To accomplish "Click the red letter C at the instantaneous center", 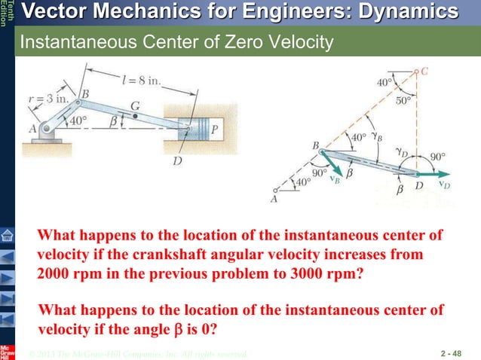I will pyautogui.click(x=424, y=72).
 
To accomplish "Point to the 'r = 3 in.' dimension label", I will pyautogui.click(x=44, y=98).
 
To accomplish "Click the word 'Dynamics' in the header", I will pyautogui.click(x=400, y=12).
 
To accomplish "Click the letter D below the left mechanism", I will pyautogui.click(x=176, y=160).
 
